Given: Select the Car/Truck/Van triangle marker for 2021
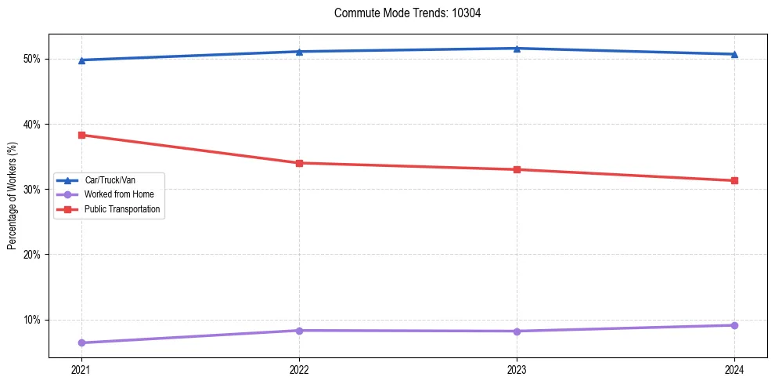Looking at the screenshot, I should (x=81, y=60).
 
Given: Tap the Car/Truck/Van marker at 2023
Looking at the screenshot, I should (x=517, y=49).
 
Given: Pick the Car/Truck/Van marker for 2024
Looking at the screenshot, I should (x=734, y=54).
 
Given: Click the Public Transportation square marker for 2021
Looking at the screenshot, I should (x=81, y=135).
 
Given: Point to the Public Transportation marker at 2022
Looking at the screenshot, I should (x=299, y=163).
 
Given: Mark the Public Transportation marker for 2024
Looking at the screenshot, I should (x=734, y=180).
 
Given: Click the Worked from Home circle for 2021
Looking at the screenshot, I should (x=81, y=342).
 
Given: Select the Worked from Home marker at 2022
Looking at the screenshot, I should (x=299, y=330).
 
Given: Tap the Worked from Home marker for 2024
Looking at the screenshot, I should (x=734, y=325).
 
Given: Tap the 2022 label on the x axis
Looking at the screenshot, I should (x=299, y=369).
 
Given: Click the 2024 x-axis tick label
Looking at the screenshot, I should (x=734, y=369).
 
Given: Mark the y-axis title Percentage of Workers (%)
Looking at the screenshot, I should (x=13, y=196).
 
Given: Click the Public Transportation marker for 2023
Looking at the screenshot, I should (x=517, y=169).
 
